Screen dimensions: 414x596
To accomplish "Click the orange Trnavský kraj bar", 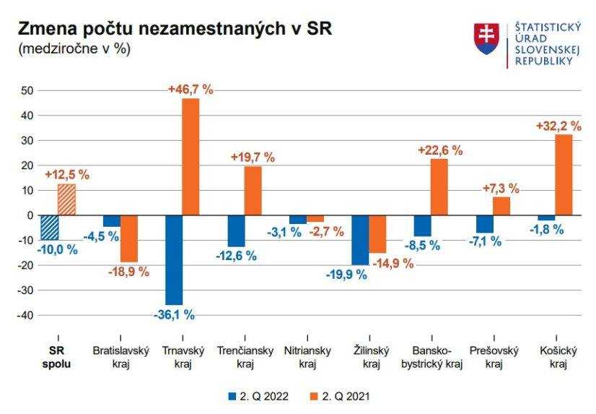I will pyautogui.click(x=190, y=156).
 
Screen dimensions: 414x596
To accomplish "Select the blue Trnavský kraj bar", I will pyautogui.click(x=174, y=260).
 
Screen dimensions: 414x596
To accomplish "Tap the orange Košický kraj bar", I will pyautogui.click(x=564, y=174).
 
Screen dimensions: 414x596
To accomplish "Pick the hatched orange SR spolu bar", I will pyautogui.click(x=66, y=199).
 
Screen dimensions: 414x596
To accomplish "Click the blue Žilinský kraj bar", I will pyautogui.click(x=360, y=240).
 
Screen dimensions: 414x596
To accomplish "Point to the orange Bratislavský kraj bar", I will pyautogui.click(x=129, y=238).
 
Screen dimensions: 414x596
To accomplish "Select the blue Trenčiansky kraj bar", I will pyautogui.click(x=236, y=230).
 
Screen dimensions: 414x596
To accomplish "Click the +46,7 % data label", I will pyautogui.click(x=190, y=90).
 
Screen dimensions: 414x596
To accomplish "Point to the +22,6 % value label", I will pyautogui.click(x=440, y=150).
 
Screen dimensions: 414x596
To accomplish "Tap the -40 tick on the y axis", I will pyautogui.click(x=26, y=315).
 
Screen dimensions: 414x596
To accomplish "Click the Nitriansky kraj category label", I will pyautogui.click(x=308, y=357).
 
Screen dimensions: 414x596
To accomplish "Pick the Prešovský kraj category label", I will pyautogui.click(x=494, y=357).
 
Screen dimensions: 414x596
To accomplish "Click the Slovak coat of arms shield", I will pyautogui.click(x=486, y=39).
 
